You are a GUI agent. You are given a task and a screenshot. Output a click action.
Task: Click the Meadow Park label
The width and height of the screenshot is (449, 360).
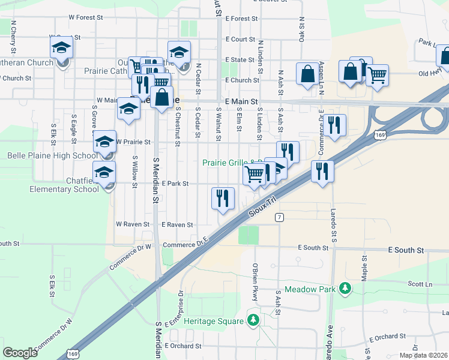[310, 289]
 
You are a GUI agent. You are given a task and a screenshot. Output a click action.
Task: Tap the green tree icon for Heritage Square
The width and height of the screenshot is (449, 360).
[253, 320]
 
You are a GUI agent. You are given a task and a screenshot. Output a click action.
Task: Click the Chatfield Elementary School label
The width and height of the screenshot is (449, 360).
[65, 184]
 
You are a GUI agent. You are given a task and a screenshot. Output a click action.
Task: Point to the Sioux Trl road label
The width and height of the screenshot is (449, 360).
[265, 205]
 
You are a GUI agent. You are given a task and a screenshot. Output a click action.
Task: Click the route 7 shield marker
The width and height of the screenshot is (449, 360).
[280, 217]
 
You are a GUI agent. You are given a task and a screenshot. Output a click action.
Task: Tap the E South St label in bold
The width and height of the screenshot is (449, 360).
[406, 250]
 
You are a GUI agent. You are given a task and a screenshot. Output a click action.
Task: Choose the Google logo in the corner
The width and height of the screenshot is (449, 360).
[20, 352]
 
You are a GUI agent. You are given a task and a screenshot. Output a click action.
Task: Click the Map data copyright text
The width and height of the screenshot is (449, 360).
[423, 355]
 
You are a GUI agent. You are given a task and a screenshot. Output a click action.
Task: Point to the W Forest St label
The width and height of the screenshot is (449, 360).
[90, 18]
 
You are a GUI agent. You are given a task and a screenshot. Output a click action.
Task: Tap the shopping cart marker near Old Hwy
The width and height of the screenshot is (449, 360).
[377, 76]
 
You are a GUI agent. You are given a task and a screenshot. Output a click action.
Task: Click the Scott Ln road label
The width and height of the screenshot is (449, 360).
[420, 284]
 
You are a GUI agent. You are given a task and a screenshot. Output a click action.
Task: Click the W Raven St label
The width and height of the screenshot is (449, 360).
[132, 224]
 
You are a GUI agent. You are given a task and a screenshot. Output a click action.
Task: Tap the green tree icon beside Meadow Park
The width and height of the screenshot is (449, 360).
[345, 289]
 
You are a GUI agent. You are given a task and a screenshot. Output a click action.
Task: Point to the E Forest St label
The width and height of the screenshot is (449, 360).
[241, 19]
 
